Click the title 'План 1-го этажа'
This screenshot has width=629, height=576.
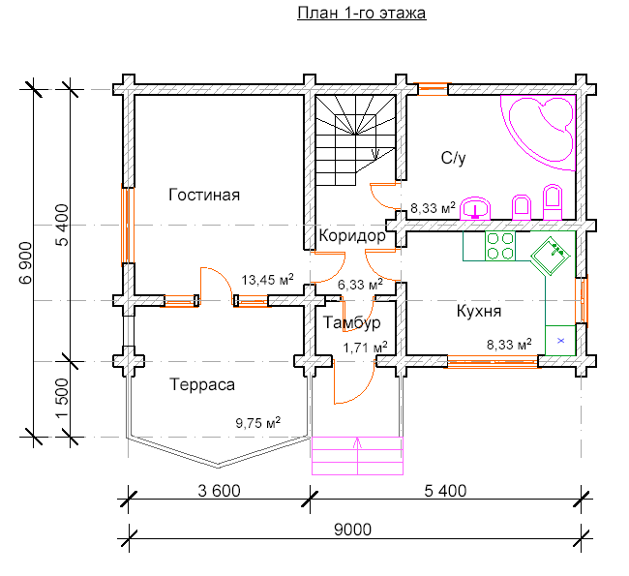362,13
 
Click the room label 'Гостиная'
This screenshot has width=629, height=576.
204,195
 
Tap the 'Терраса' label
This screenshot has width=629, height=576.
202,384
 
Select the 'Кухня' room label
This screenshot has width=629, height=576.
479,311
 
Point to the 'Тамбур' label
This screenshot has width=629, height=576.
352,322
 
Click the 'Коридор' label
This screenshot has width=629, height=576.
352,235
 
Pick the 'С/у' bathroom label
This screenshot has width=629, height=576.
453,158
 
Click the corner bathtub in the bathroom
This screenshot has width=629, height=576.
540,133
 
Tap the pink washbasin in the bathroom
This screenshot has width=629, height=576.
475,208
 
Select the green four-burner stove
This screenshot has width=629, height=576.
500,246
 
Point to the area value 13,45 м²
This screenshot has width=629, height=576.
267,280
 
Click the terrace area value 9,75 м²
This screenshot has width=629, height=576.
258,423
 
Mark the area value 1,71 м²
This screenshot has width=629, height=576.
365,348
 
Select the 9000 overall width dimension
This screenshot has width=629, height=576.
352,530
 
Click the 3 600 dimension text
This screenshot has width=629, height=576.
219,491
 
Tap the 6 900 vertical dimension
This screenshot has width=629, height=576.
25,263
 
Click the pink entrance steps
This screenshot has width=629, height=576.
357,456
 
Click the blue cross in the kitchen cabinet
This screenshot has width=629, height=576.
561,341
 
